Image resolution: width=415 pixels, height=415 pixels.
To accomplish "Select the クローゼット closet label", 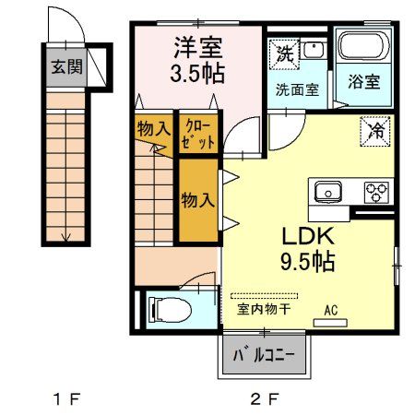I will tap(199, 134).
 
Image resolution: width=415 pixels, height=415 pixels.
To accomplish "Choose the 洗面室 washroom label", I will tap(296, 89).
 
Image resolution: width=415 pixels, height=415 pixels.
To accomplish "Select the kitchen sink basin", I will tap(327, 193).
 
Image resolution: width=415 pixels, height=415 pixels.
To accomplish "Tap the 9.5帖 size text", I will tap(307, 261).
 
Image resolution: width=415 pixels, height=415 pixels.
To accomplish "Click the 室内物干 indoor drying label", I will tap(264, 309).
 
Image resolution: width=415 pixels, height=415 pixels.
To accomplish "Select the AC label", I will tap(331, 310).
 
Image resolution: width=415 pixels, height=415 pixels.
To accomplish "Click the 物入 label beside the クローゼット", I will tap(153, 128).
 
